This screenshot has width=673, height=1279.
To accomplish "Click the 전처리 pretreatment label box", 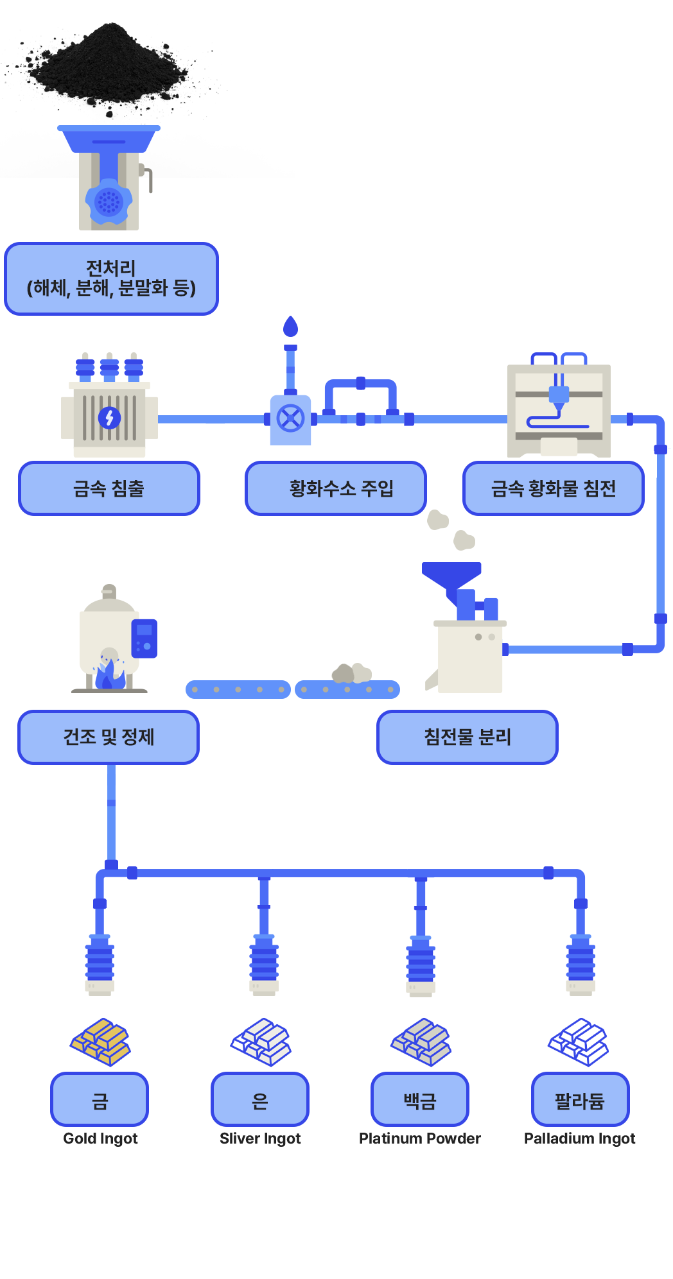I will pos(111,279).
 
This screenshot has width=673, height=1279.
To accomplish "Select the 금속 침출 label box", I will pos(109,488).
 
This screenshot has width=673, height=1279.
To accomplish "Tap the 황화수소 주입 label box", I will pos(336,488).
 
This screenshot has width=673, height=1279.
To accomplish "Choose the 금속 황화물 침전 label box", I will pos(553,488).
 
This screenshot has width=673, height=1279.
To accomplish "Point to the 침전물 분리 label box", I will pos(467,737).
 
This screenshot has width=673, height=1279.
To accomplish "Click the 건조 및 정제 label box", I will pos(109,737).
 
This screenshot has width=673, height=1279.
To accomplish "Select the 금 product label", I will pos(100,1100).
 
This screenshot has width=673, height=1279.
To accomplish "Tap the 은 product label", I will pos(260,1100).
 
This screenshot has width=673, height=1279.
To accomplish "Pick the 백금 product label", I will pos(419,1100).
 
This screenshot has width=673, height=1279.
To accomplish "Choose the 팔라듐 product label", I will pos(580,1100).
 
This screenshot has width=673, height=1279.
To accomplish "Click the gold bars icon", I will pos(100,1042).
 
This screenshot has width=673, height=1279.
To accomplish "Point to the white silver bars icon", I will pos(261,1042).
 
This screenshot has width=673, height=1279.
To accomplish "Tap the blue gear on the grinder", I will pos(109,202).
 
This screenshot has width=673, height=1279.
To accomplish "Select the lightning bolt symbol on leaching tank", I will pos(109,418).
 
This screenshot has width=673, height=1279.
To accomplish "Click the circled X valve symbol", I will pos(290,418).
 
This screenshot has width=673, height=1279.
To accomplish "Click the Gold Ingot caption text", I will pos(100,1138).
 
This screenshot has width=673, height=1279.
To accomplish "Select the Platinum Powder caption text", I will pos(420,1138).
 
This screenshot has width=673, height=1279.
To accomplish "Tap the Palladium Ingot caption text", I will pos(579,1138).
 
